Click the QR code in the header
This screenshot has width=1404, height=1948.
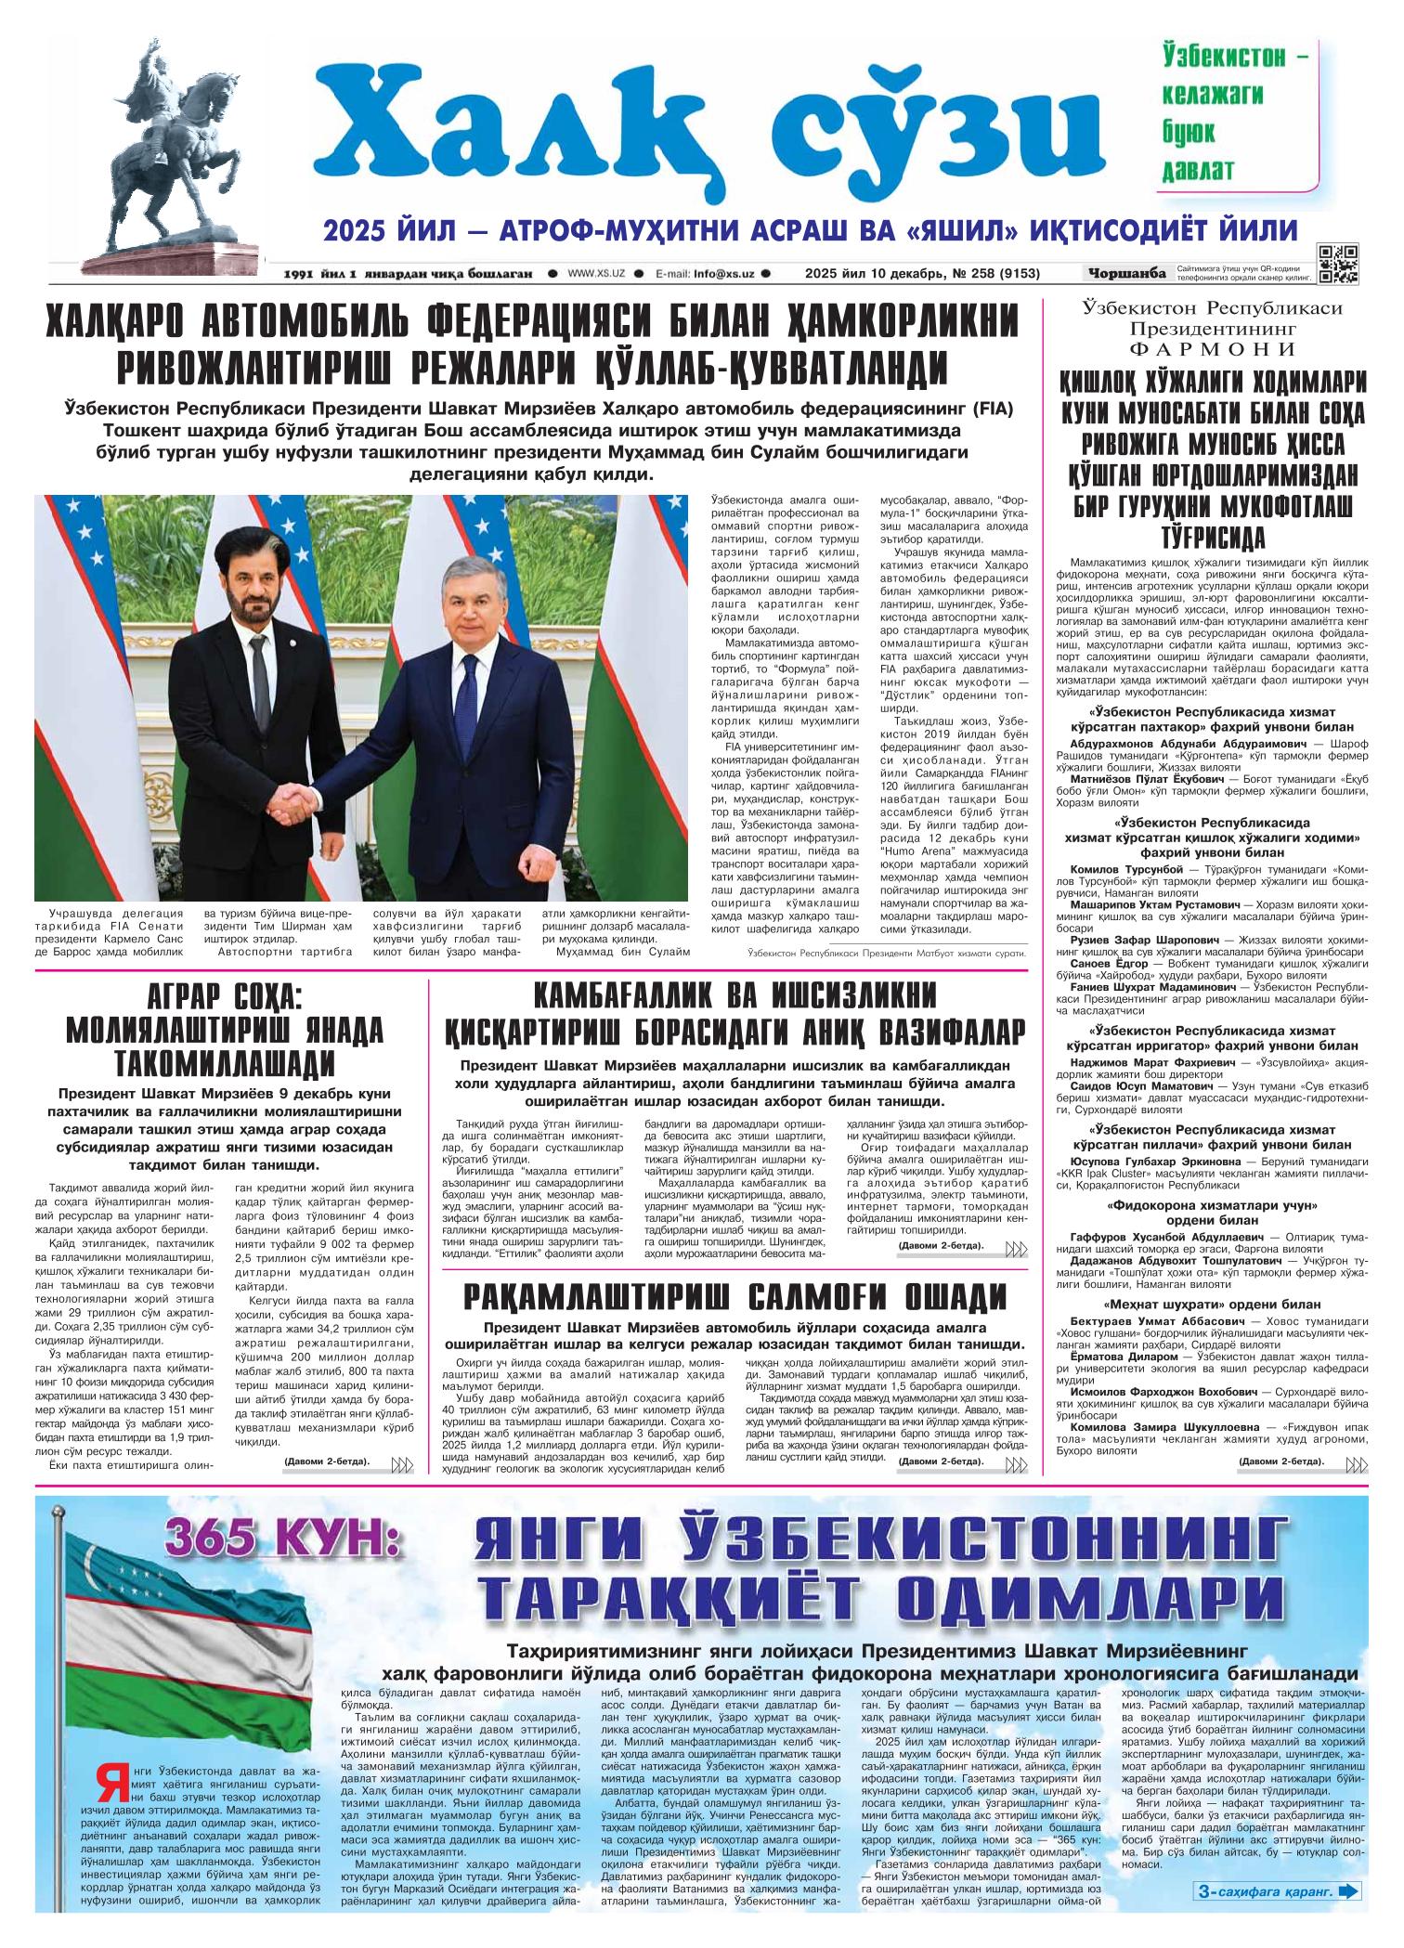coord(1338,264)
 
